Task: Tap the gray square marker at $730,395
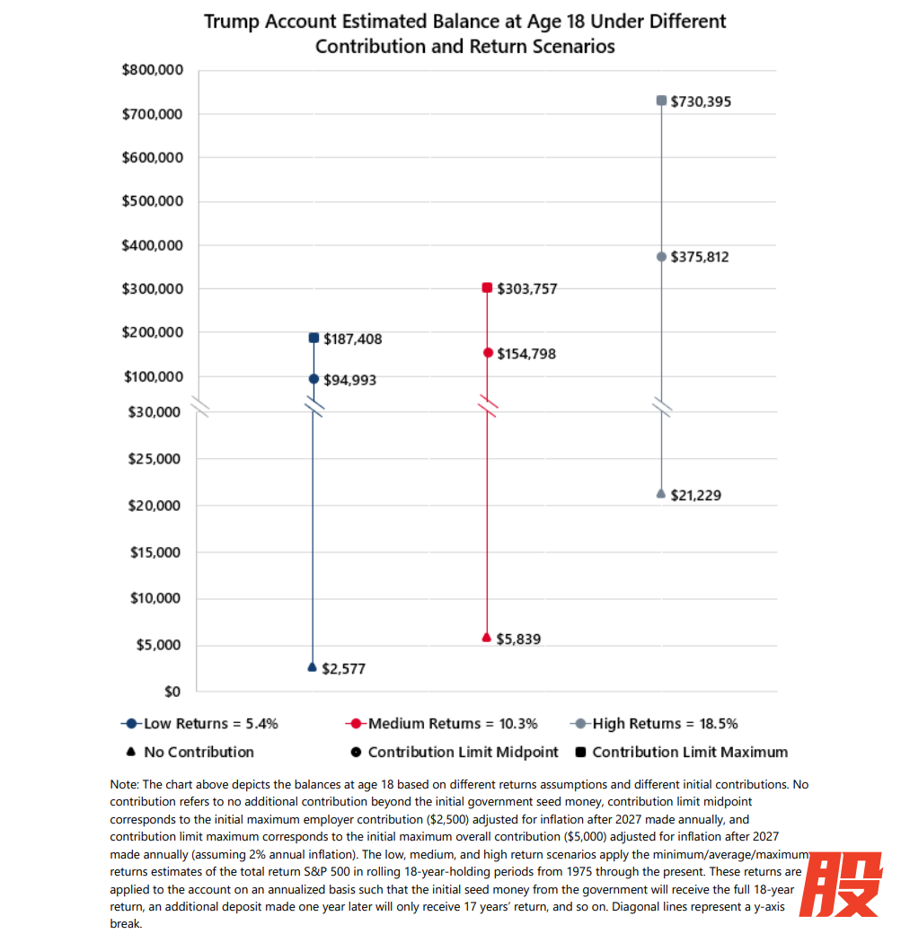(661, 101)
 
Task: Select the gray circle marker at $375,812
(661, 257)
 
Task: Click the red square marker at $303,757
(487, 288)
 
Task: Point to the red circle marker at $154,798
(488, 353)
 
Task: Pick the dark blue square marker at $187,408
(314, 339)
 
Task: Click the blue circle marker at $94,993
(314, 379)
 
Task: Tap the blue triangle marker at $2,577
(312, 667)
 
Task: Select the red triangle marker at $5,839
(487, 638)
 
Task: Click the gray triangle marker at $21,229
(661, 494)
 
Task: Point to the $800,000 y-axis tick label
(152, 71)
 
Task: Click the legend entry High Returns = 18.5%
(665, 724)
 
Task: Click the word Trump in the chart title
(234, 21)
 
